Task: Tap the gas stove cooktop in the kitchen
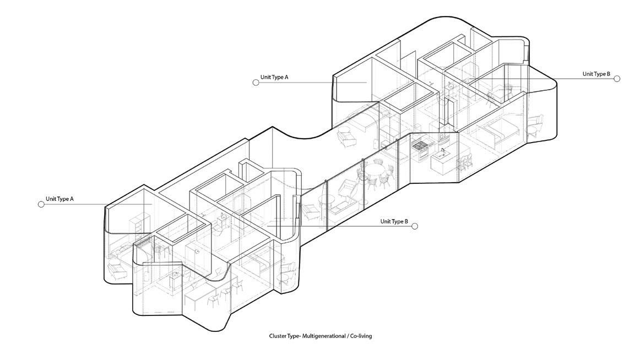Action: tap(420, 145)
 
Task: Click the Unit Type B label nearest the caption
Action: tap(394, 222)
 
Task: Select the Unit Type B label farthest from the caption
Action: tap(596, 74)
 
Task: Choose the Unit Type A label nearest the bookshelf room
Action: tap(59, 199)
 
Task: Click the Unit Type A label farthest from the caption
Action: tap(274, 78)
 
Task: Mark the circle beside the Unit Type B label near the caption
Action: tap(415, 226)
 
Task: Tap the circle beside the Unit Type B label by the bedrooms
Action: tap(617, 79)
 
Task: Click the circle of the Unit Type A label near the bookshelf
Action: tap(41, 204)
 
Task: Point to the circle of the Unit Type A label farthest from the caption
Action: tap(256, 83)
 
